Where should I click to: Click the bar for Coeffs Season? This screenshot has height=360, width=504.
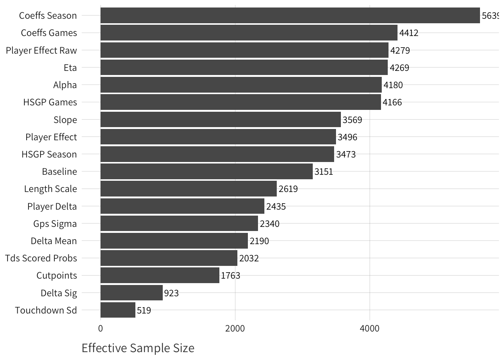(290, 15)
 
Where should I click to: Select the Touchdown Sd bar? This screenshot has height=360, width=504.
(118, 310)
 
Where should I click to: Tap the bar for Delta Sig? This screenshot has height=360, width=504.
(131, 293)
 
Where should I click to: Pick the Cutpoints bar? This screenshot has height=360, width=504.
(160, 275)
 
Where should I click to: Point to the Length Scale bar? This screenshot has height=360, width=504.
(188, 189)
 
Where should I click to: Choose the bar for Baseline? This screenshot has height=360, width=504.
(206, 171)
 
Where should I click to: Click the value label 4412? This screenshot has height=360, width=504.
(409, 33)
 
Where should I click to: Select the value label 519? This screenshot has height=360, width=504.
(144, 310)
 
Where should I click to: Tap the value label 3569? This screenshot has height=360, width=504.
(352, 120)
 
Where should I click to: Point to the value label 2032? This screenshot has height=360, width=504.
(249, 258)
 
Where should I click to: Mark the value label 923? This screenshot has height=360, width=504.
(171, 293)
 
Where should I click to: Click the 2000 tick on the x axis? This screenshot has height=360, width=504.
(235, 328)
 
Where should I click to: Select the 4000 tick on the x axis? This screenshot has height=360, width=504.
(370, 328)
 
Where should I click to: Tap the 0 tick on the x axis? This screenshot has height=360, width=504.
(100, 328)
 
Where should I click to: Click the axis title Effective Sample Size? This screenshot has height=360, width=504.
(138, 348)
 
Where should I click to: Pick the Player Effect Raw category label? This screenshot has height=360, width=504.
(41, 51)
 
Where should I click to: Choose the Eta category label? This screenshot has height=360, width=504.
(70, 68)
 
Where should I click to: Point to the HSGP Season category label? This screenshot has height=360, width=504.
(49, 154)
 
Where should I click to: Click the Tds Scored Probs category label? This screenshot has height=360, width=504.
(41, 258)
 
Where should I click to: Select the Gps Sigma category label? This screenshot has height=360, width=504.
(55, 224)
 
